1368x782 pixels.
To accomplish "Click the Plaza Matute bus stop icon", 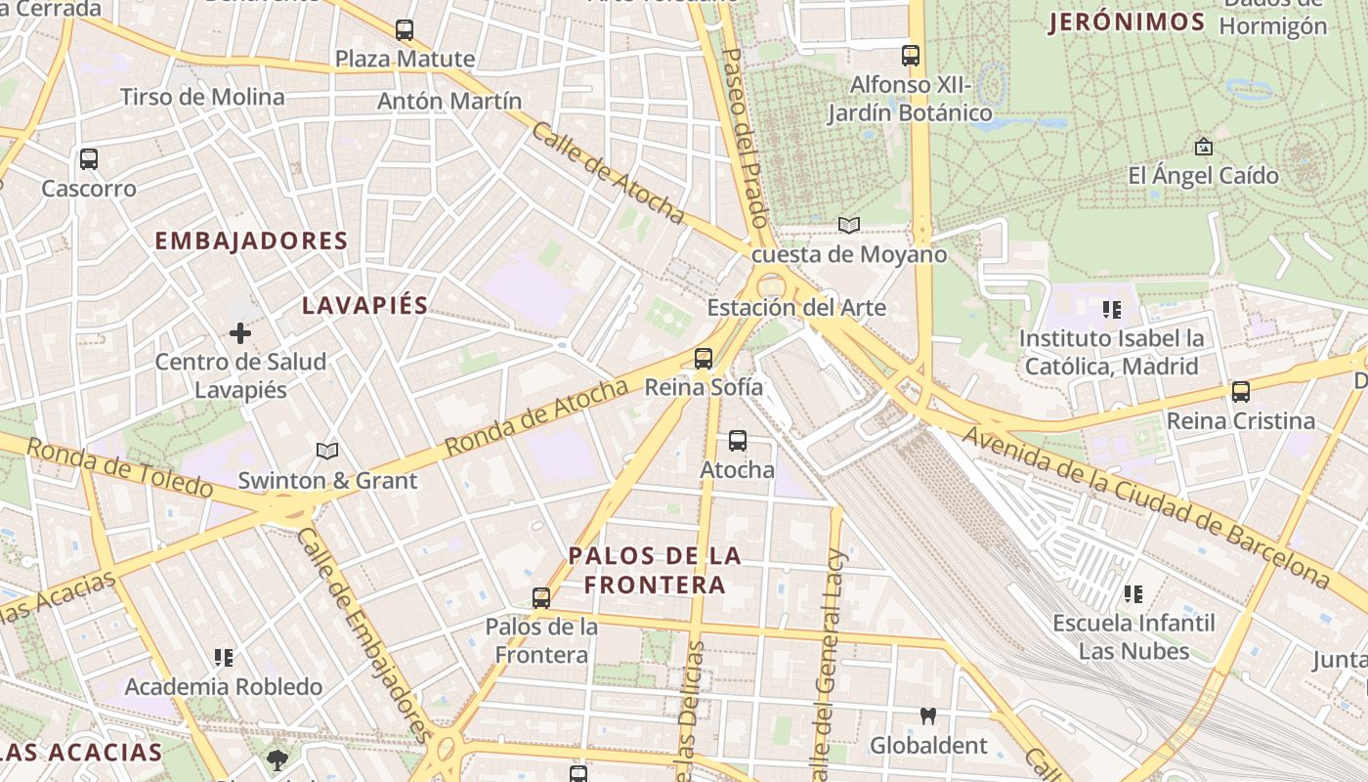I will click(x=404, y=30).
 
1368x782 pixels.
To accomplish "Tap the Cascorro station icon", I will click(x=89, y=158).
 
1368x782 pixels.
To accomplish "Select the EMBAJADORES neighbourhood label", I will click(x=251, y=240).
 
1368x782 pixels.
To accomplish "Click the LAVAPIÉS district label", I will click(x=364, y=305).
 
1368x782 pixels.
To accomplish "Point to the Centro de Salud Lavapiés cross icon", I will click(x=240, y=334).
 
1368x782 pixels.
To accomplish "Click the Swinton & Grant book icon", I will click(x=327, y=452).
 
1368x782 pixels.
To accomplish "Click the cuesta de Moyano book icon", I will click(x=849, y=226).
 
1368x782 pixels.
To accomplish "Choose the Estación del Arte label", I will click(x=796, y=308).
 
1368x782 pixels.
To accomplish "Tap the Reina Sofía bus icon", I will click(x=704, y=359).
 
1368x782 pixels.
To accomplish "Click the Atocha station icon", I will click(x=738, y=441).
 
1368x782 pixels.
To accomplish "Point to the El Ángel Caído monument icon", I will click(x=1204, y=148).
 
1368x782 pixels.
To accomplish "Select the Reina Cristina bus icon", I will click(x=1241, y=392).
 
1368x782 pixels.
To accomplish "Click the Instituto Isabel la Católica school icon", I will click(x=1111, y=310).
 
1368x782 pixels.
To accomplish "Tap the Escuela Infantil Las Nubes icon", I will click(x=1133, y=594).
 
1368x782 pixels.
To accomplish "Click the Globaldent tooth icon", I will click(x=928, y=717).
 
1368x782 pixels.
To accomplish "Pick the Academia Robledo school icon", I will click(x=224, y=658).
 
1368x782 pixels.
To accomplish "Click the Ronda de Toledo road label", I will click(x=119, y=466).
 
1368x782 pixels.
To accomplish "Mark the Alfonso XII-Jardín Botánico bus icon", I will click(x=911, y=56).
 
